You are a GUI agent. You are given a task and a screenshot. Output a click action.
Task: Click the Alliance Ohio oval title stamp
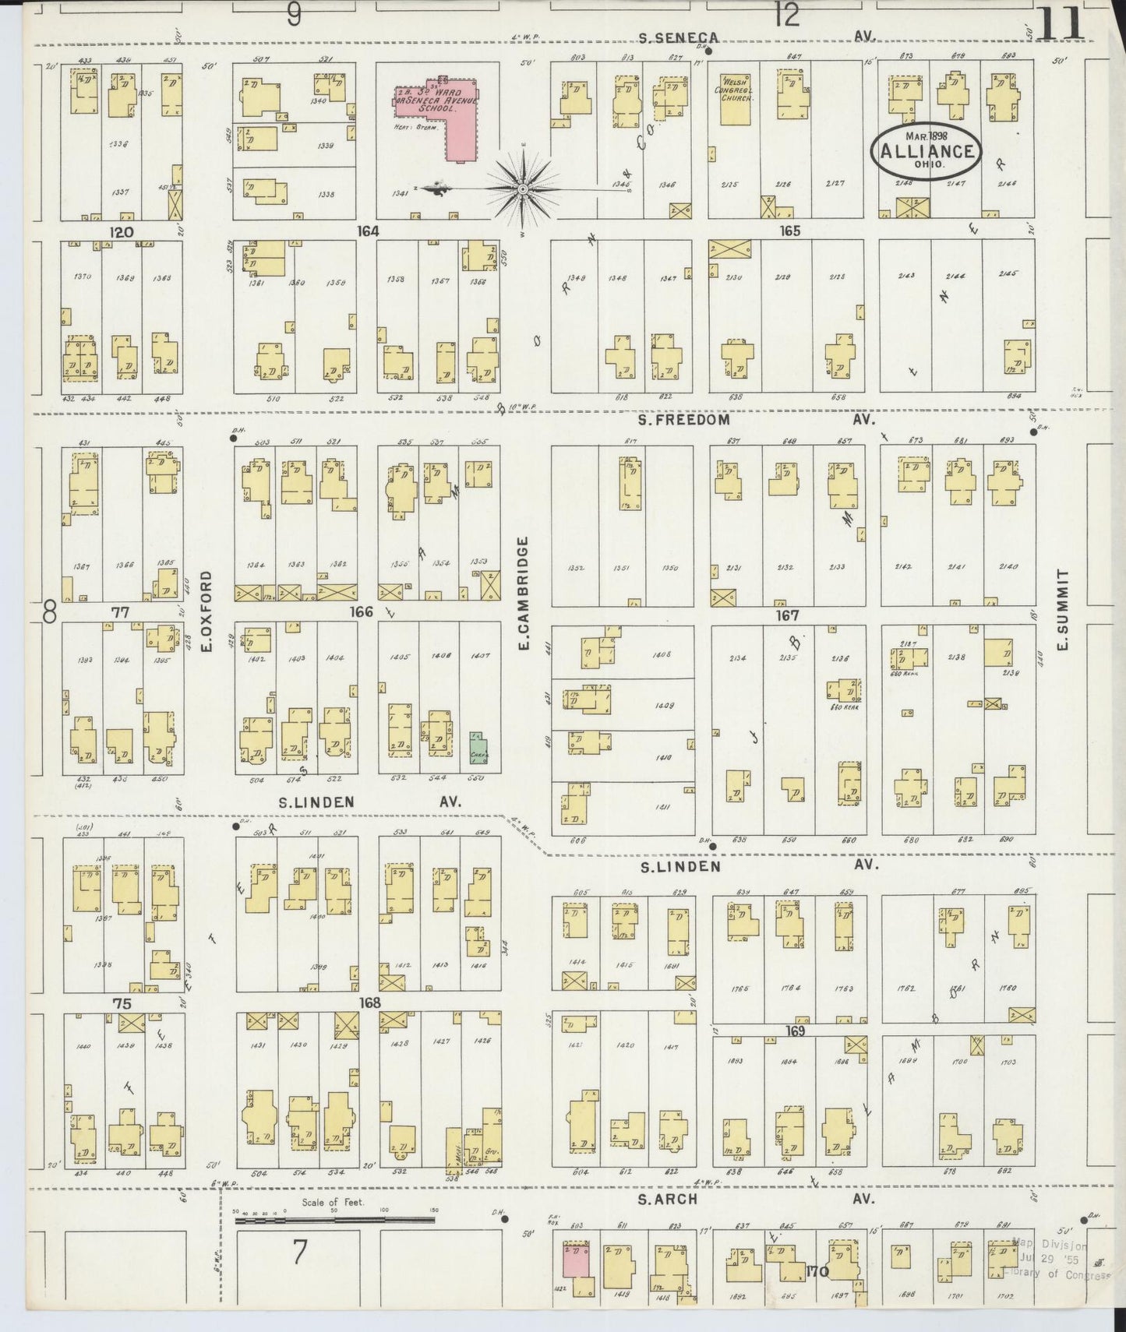coord(927,152)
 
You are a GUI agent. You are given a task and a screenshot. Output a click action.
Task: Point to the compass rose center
coord(522,189)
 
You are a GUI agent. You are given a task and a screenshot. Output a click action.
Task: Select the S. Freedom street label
coord(684,420)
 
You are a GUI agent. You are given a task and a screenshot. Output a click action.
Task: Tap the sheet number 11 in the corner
coord(1061,23)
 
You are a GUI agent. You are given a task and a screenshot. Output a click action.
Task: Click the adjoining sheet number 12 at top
coord(787,15)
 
